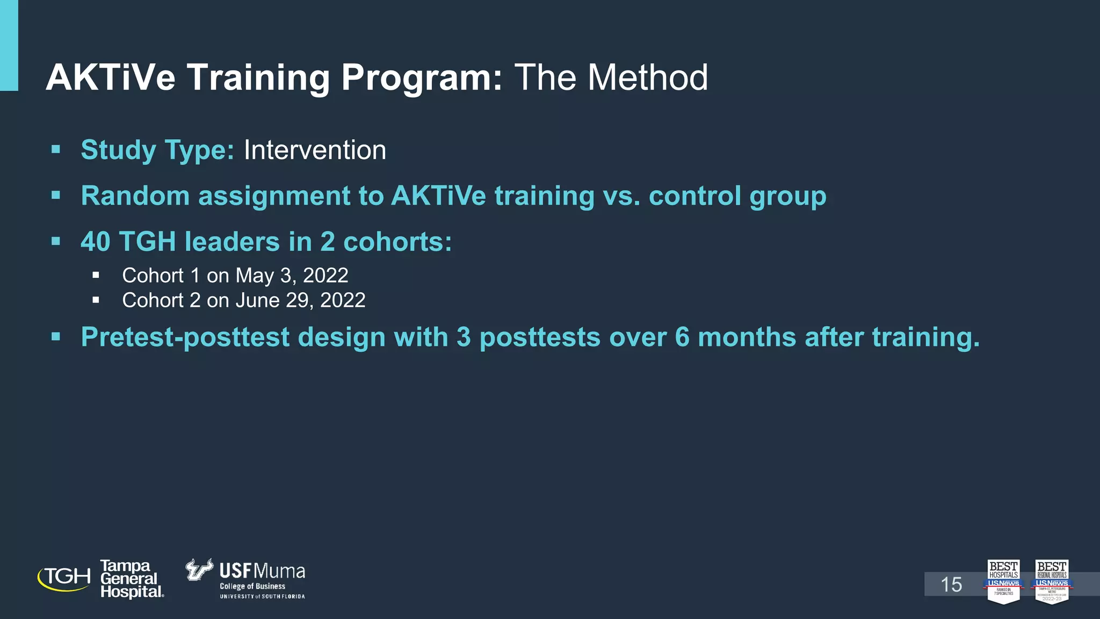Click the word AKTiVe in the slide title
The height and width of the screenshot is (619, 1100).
pyautogui.click(x=111, y=77)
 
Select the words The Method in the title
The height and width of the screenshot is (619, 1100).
pyautogui.click(x=611, y=77)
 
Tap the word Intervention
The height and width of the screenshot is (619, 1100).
pyautogui.click(x=315, y=150)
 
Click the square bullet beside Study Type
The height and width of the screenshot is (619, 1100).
pyautogui.click(x=56, y=149)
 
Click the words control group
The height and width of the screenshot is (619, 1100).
pyautogui.click(x=737, y=196)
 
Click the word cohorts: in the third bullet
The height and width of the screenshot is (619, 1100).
pyautogui.click(x=397, y=242)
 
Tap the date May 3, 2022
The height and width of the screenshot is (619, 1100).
pyautogui.click(x=292, y=276)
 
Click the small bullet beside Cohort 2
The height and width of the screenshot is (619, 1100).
pyautogui.click(x=96, y=300)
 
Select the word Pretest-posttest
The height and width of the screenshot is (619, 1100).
pyautogui.click(x=185, y=337)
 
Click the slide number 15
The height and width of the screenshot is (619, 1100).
pyautogui.click(x=951, y=585)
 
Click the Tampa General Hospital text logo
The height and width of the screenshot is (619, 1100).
pyautogui.click(x=131, y=579)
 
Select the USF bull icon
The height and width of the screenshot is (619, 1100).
pyautogui.click(x=199, y=570)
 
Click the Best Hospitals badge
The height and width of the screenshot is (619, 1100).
pyautogui.click(x=1003, y=581)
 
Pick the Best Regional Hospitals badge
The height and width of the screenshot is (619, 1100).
pyautogui.click(x=1051, y=581)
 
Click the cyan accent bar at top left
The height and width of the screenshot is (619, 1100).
pyautogui.click(x=9, y=45)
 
